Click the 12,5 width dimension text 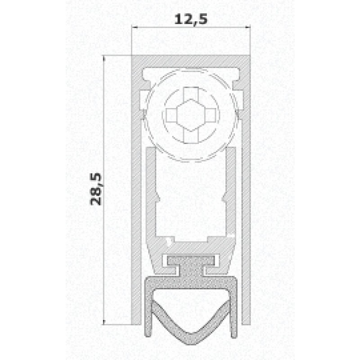tap(190, 20)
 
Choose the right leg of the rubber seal tap(234, 310)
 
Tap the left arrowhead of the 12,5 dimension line tap(134, 28)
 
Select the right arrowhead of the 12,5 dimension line tap(248, 28)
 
